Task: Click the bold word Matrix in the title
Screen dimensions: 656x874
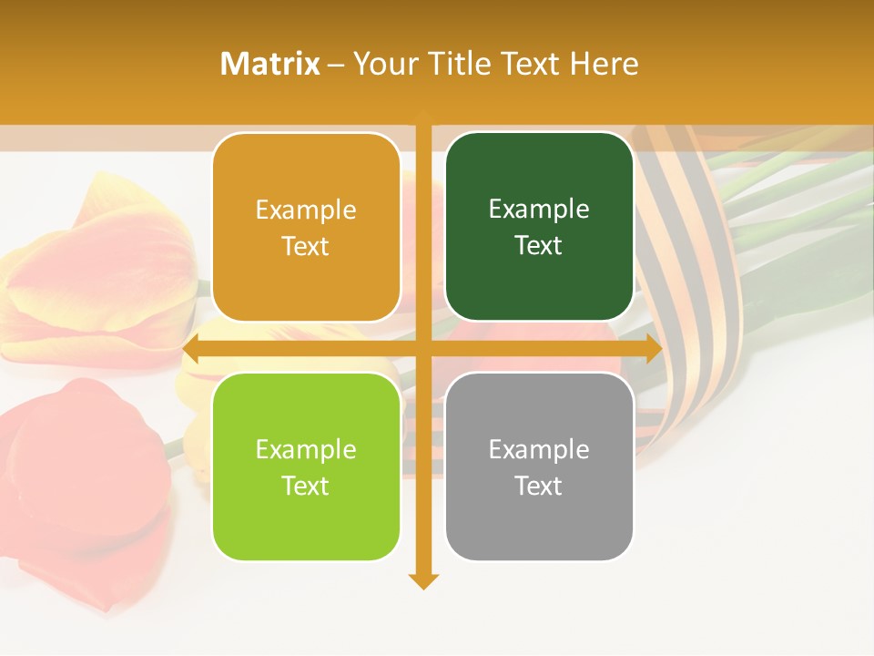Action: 270,64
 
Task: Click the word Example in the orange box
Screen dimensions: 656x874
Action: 306,210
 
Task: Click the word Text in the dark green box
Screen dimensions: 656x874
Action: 539,246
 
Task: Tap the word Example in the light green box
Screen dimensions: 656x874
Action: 306,450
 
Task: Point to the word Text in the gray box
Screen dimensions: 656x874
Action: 539,487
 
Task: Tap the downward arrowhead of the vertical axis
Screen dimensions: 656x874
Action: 423,580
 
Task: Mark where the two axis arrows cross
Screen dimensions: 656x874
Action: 423,349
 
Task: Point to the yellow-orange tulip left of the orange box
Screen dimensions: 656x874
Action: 100,273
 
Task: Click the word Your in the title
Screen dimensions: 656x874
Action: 386,64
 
